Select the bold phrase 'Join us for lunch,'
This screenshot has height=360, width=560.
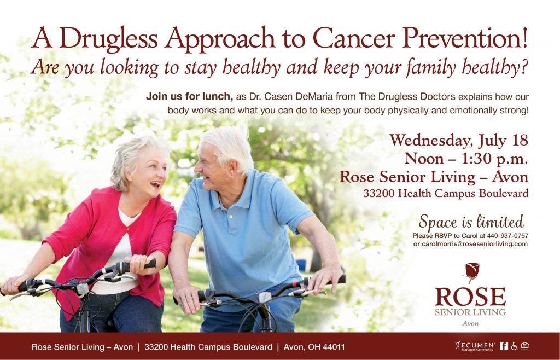[189, 96]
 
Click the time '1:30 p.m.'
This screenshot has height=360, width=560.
[494, 159]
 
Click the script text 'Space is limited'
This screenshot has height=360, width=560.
[471, 222]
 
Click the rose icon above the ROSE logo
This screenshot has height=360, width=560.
[471, 272]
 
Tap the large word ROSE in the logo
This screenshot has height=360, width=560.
[470, 297]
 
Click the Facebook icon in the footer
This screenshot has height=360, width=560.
[504, 346]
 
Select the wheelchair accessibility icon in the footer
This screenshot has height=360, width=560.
[514, 346]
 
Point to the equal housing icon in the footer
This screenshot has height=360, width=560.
[524, 346]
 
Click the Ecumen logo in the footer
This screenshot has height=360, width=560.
[475, 346]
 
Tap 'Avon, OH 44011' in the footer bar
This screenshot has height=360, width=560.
[314, 347]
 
